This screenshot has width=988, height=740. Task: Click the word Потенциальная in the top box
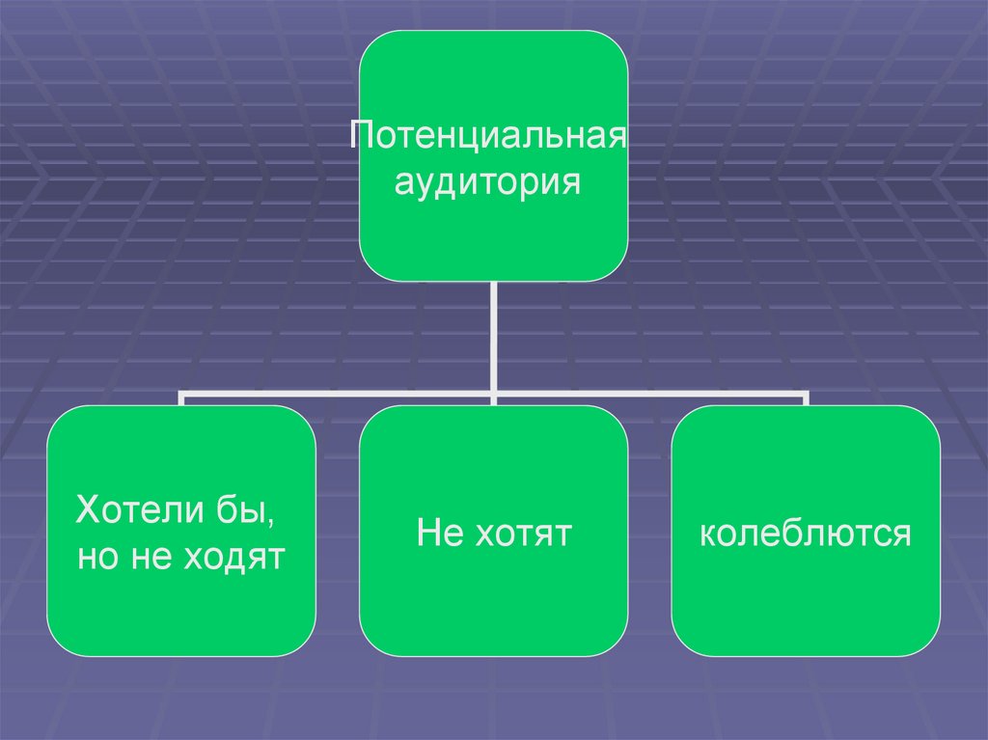pyautogui.click(x=489, y=134)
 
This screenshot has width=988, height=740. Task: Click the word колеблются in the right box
pyautogui.click(x=806, y=534)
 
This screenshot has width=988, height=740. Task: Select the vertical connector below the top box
pyautogui.click(x=493, y=338)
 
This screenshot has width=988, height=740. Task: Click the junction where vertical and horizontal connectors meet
pyautogui.click(x=493, y=395)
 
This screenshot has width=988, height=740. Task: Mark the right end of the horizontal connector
pyautogui.click(x=805, y=395)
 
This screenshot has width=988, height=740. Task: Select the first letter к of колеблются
pyautogui.click(x=706, y=534)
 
